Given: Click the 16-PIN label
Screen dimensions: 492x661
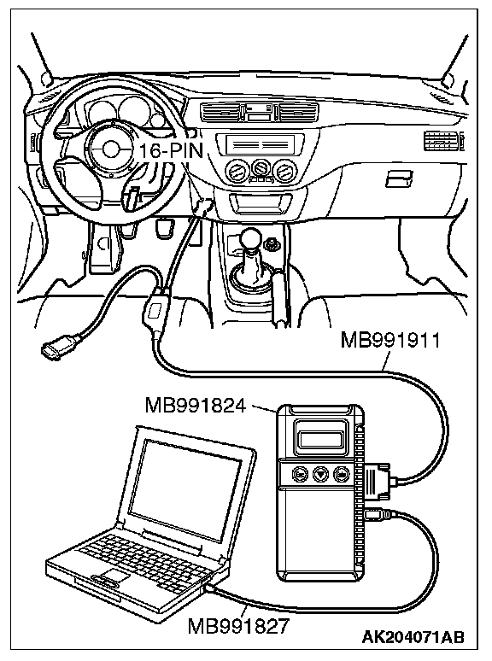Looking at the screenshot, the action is [171, 150].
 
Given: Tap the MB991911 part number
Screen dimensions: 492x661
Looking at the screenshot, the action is [390, 341].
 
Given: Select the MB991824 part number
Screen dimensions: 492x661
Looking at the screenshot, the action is [196, 406].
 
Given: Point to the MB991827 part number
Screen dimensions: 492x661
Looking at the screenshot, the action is [238, 626].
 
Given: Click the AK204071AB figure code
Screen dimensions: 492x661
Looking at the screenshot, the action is [413, 636].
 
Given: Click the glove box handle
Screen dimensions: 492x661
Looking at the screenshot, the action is [399, 178].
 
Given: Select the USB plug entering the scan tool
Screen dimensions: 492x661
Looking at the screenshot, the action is [376, 513].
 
